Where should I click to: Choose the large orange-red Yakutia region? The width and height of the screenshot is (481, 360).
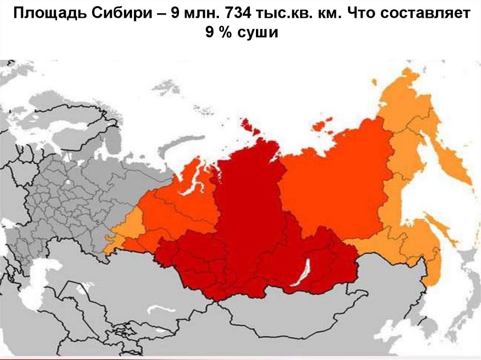click(334, 188)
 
